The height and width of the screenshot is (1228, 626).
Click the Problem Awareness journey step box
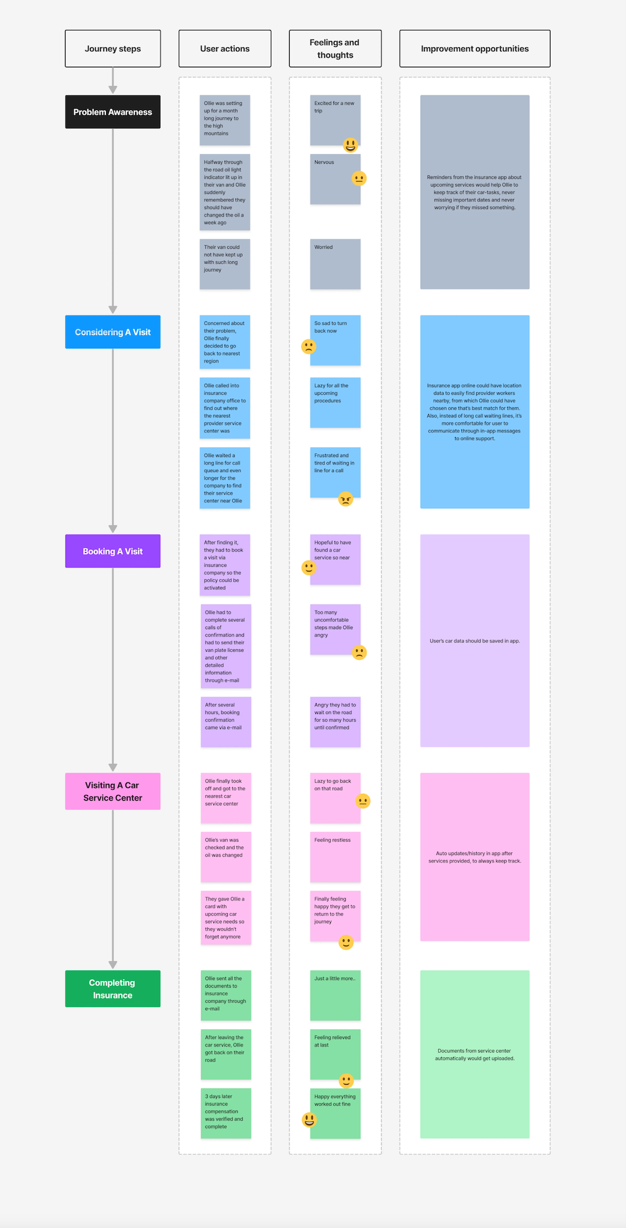tap(112, 112)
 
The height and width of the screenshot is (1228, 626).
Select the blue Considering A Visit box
tap(112, 332)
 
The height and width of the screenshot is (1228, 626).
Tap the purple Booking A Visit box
tap(112, 551)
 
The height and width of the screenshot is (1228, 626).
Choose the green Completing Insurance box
tap(112, 989)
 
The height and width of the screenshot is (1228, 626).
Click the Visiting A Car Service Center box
tap(112, 791)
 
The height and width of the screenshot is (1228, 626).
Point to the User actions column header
tap(225, 49)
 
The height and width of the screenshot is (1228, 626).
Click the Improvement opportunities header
tap(474, 49)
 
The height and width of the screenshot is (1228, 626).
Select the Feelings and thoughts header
tap(335, 49)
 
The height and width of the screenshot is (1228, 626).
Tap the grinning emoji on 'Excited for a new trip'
tap(351, 145)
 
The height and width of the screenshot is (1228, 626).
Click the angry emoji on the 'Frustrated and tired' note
tap(346, 498)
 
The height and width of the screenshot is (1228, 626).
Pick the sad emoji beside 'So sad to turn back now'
tap(308, 346)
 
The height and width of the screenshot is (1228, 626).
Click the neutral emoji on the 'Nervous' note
tap(359, 178)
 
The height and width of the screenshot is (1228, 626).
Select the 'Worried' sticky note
tap(335, 264)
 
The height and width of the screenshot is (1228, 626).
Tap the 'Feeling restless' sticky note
tap(335, 857)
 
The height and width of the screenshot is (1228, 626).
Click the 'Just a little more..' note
tap(335, 995)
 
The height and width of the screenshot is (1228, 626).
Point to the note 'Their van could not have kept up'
tap(225, 264)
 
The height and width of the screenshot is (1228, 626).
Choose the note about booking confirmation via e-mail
tap(225, 722)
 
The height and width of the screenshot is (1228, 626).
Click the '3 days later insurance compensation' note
tap(225, 1113)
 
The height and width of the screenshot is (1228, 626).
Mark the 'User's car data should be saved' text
tap(474, 641)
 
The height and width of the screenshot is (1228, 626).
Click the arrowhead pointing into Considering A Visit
tap(113, 309)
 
